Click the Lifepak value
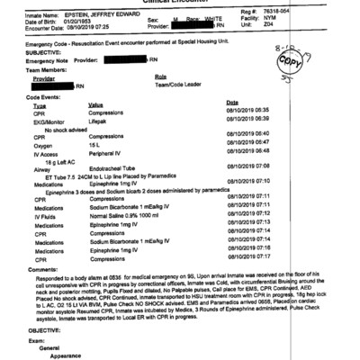coord(100,119)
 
